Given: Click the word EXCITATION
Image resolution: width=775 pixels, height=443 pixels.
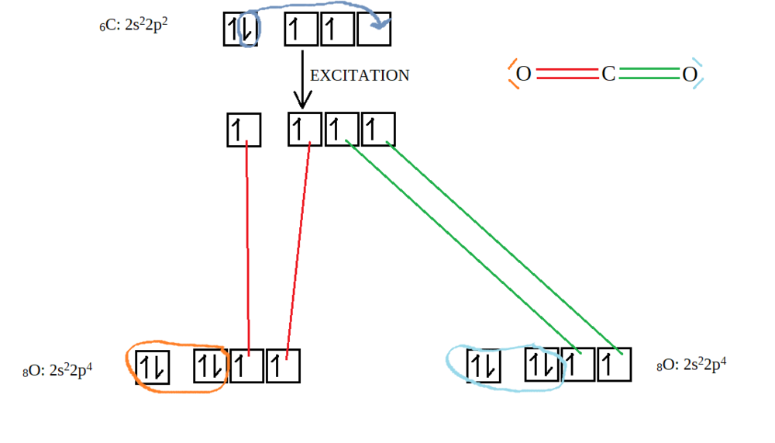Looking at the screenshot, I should (360, 75).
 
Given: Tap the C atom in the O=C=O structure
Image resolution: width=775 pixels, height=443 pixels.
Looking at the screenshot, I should (608, 74).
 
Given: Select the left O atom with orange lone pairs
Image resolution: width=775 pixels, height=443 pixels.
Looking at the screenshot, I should (523, 74).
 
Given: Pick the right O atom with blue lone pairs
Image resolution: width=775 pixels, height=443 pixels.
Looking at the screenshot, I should (690, 74).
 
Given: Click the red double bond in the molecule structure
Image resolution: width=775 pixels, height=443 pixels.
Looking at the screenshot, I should (566, 74).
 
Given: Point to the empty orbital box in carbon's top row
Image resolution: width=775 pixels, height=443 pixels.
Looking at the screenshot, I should (374, 29).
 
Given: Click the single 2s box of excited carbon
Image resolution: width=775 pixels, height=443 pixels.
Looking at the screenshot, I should (243, 130).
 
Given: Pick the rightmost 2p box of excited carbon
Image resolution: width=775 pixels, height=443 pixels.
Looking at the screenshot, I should (378, 130).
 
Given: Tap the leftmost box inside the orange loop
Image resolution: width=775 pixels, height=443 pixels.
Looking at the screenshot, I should (153, 367).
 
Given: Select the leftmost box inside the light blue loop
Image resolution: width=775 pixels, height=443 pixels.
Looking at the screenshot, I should (484, 365).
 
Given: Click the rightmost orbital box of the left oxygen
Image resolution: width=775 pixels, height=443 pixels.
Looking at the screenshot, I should (283, 367).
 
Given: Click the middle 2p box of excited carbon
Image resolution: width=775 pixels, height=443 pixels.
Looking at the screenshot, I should (341, 130).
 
